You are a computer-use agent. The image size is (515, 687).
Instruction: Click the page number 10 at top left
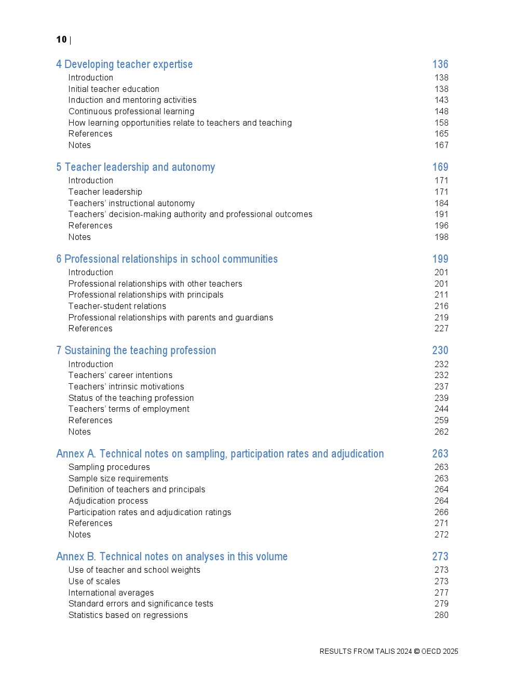pos(61,39)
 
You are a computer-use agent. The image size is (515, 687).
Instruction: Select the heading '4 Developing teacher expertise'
pos(124,64)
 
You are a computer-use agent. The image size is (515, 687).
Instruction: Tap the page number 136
pos(440,64)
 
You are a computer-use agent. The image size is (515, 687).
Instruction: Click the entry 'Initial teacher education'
pos(114,89)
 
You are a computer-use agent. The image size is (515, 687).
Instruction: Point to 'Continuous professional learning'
pos(131,111)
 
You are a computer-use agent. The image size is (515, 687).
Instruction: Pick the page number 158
pos(441,123)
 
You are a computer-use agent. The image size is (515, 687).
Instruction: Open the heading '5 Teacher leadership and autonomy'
pos(135,167)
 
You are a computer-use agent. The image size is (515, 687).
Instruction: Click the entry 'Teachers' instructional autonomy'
pos(131,203)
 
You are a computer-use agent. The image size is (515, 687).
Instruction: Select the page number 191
pos(441,214)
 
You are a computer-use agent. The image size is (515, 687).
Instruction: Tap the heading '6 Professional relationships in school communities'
pos(167,259)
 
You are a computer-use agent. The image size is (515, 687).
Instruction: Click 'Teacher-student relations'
pos(117,306)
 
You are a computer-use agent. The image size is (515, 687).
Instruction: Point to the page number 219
pos(441,317)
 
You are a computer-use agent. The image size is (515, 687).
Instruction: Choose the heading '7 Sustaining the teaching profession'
pos(136,351)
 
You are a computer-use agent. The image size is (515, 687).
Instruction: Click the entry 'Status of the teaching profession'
pos(131,398)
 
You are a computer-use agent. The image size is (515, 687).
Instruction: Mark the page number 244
pos(441,409)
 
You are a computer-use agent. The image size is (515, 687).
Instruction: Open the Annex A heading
pos(220,454)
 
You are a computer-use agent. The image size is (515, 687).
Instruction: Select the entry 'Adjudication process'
pos(108,501)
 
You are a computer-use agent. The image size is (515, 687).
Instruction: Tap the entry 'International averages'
pos(111,592)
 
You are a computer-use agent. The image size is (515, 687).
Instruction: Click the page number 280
pos(441,615)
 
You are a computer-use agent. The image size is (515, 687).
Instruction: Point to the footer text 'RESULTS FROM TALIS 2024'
pos(365,651)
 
